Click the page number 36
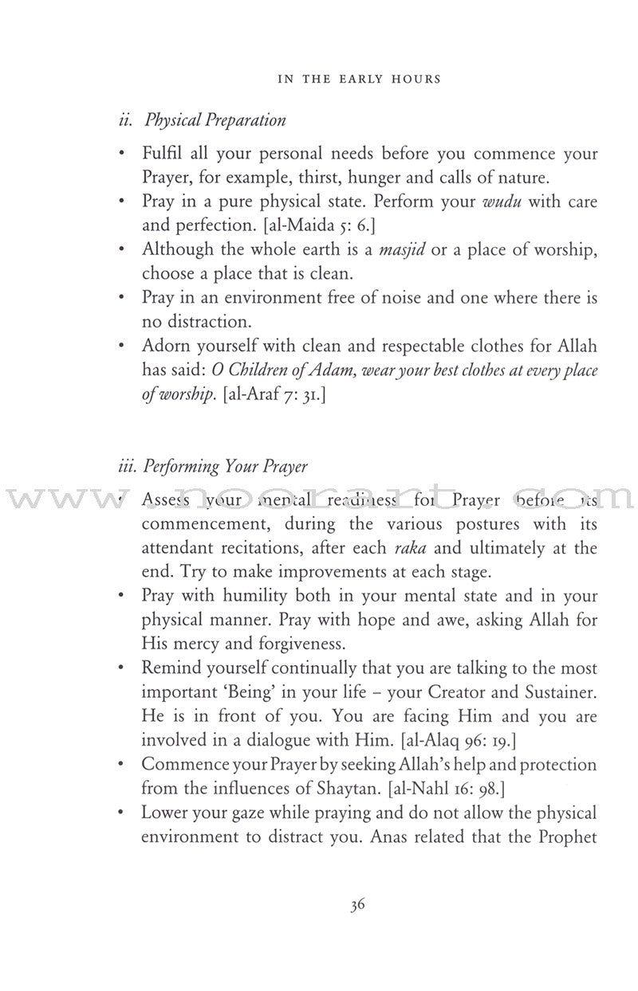[356, 927]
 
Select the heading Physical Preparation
[203, 121]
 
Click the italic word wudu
[500, 202]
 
